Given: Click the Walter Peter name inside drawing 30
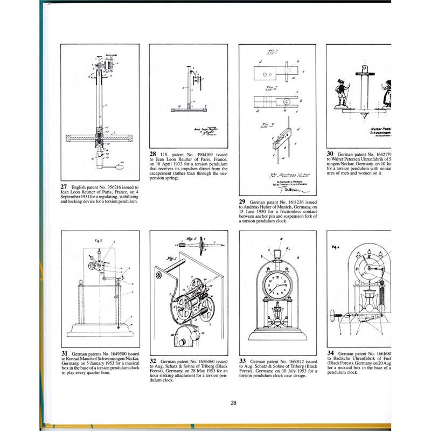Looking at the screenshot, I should pos(384,129).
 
